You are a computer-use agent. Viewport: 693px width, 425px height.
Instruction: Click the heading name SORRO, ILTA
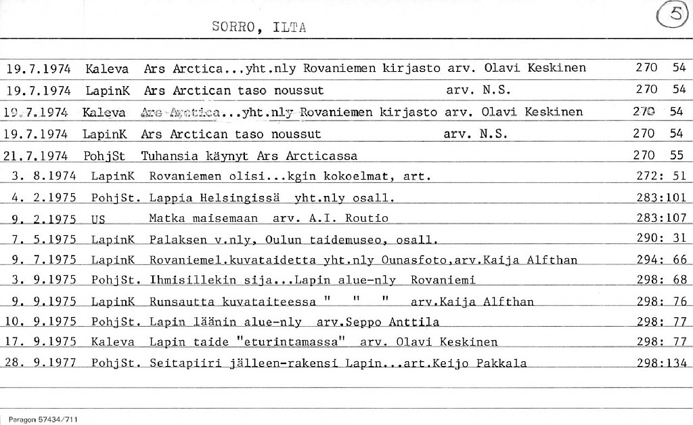[259, 28]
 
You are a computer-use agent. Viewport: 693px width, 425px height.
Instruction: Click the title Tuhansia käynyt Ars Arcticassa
[248, 156]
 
